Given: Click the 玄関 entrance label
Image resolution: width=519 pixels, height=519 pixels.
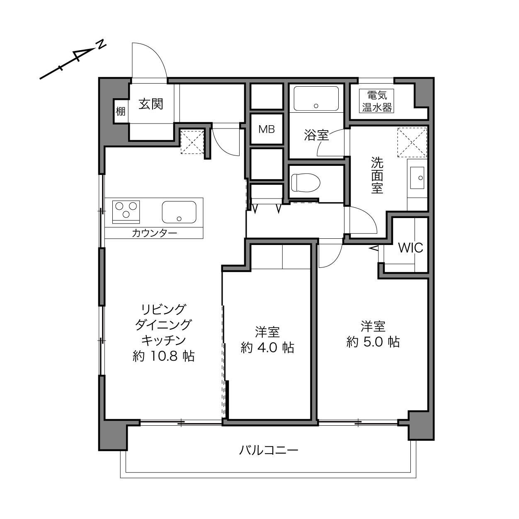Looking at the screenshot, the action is (151, 104).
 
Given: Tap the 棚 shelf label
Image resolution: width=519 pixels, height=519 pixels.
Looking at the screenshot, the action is (120, 111).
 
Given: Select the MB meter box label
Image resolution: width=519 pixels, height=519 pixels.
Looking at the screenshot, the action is (267, 129).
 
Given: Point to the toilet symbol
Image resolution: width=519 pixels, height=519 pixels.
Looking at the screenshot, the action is (306, 183).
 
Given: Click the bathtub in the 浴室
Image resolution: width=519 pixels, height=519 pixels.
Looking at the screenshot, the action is (316, 98).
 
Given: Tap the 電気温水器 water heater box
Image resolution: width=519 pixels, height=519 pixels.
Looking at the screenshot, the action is (377, 101).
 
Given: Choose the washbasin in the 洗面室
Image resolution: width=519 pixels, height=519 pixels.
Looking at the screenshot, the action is (417, 177).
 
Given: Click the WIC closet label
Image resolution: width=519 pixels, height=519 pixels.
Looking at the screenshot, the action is (410, 248).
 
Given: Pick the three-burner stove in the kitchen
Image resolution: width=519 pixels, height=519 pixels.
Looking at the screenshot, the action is (126, 212).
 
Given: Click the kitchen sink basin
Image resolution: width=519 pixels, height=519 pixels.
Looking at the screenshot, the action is (179, 212).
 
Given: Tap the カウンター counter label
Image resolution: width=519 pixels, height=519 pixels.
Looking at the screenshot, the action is (155, 233).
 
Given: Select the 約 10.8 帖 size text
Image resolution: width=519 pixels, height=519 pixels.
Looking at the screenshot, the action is (164, 357).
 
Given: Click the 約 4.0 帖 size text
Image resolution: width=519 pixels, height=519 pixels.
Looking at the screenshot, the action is (267, 347).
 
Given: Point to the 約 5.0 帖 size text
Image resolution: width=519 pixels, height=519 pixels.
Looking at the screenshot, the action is (373, 342).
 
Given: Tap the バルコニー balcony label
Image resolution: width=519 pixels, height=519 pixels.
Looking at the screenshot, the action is (269, 450).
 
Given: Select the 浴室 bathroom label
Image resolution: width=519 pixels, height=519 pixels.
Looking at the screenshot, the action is (316, 135).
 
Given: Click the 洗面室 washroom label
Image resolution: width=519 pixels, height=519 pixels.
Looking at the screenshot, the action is (377, 175).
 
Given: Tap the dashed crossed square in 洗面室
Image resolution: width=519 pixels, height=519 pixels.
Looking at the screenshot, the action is (412, 142).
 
